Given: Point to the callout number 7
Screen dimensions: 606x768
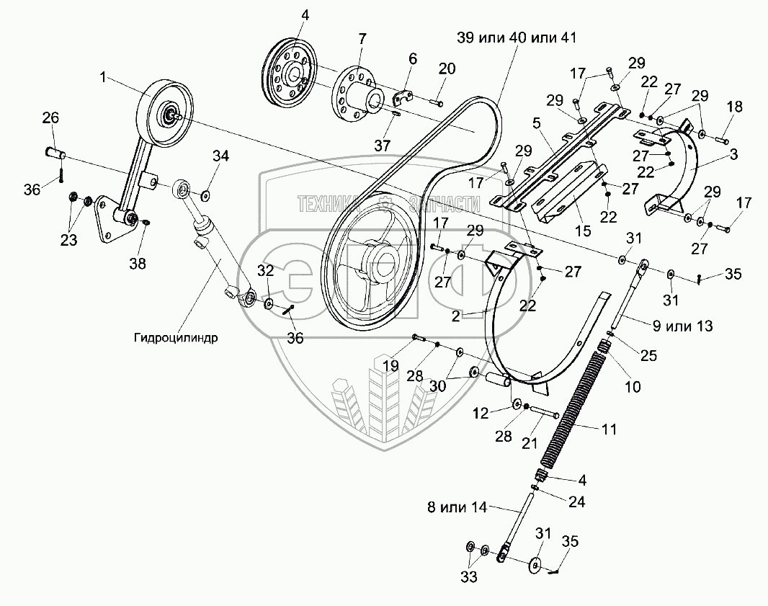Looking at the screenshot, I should pos(361,37).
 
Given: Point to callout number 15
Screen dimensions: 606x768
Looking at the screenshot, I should pos(582,231).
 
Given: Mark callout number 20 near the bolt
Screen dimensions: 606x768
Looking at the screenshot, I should pos(447,68).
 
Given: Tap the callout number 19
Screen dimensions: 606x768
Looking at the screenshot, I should pos(390,365).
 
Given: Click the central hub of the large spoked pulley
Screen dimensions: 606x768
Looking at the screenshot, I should pos(380,259).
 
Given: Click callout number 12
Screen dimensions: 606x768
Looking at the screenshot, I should pos(480,412).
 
